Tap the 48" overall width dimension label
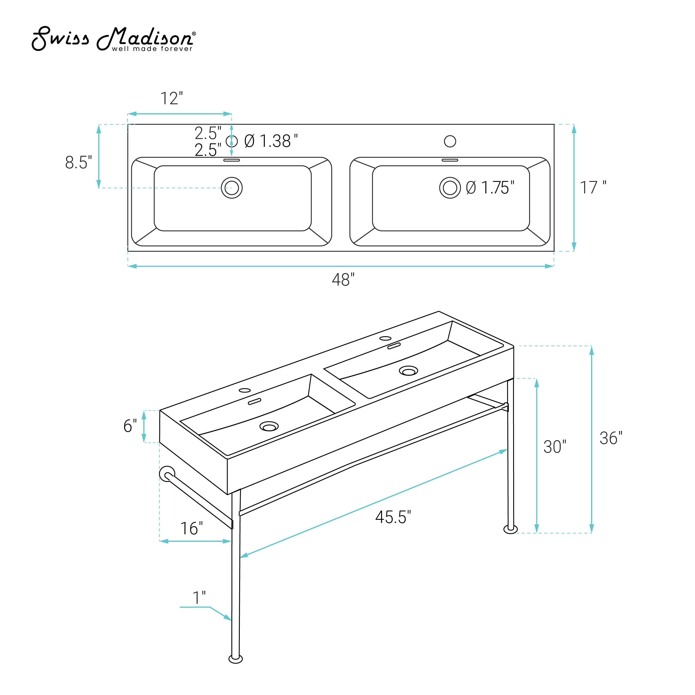click(343, 280)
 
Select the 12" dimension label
click(172, 98)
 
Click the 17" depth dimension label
click(593, 188)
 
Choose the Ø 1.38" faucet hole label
click(271, 141)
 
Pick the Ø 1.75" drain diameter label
click(490, 188)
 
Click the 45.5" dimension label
click(393, 517)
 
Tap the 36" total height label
click(611, 438)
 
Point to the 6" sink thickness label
click(130, 426)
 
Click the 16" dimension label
click(191, 528)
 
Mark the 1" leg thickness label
click(199, 598)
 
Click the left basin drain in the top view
click(232, 188)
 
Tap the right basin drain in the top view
click(450, 188)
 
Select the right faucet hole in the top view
click(450, 141)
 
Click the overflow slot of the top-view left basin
click(232, 160)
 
